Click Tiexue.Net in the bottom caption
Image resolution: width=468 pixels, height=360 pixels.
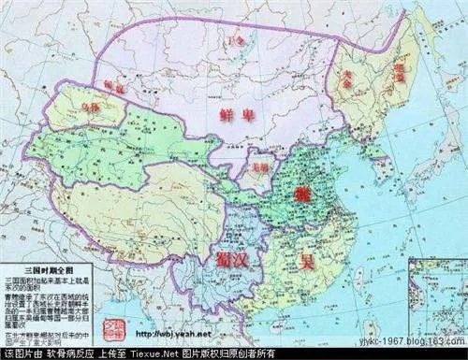(x=176, y=353)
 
